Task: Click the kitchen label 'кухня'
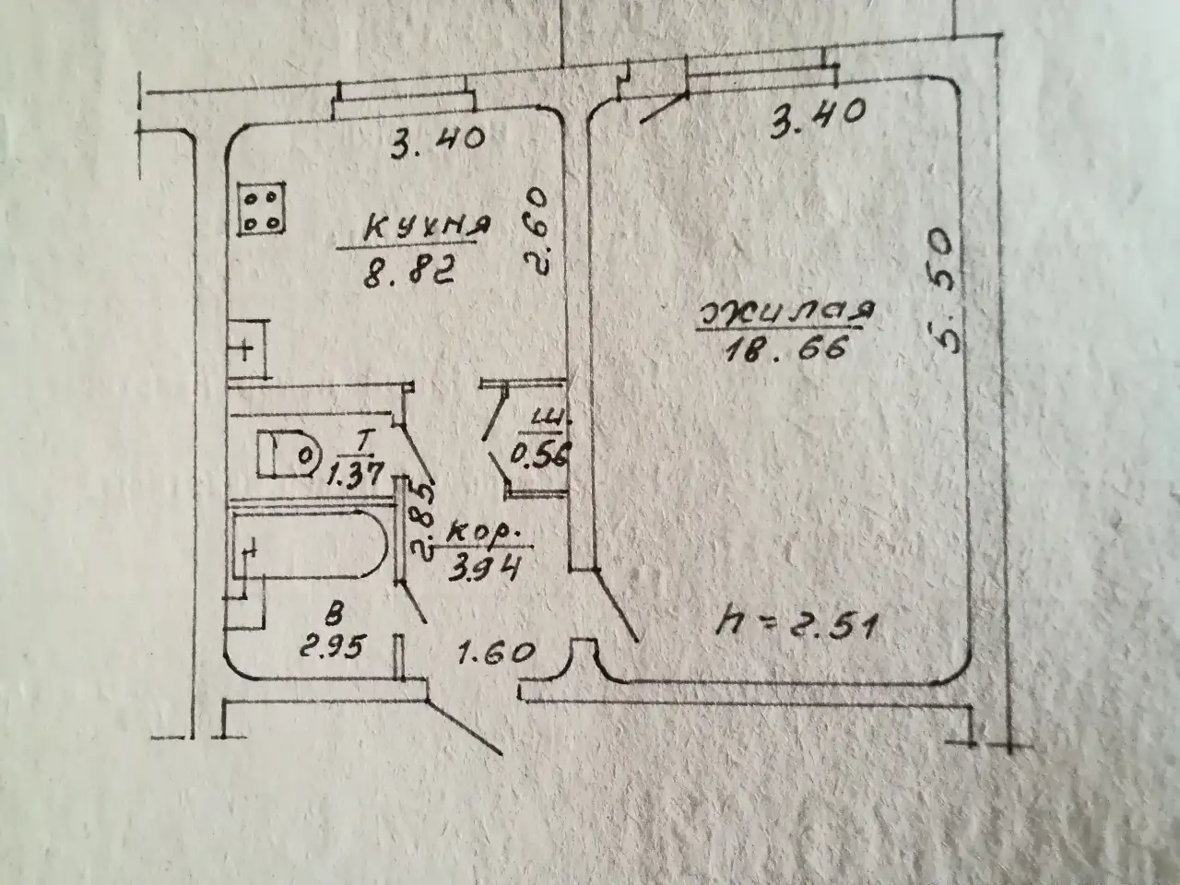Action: point(426,228)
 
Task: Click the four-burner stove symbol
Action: point(262,209)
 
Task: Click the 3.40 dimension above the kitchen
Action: point(438,144)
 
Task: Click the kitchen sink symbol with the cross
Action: point(248,349)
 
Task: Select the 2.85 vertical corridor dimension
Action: point(422,523)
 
